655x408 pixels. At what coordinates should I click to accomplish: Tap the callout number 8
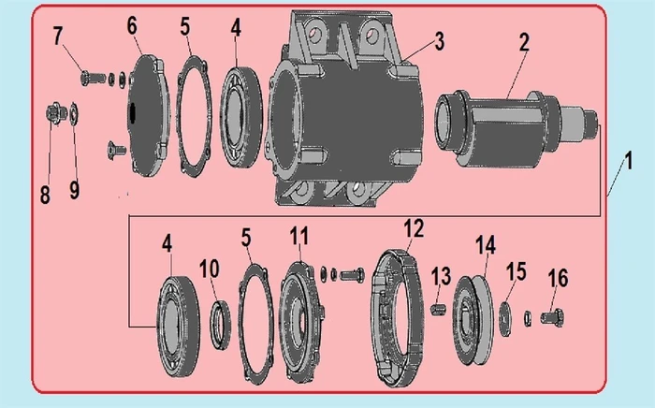tap(45, 195)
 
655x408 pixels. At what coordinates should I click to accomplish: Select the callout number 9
tap(74, 190)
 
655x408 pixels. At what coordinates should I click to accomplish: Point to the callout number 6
tap(132, 26)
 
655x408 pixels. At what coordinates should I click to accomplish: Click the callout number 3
tap(439, 41)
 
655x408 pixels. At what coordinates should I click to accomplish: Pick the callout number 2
tap(524, 42)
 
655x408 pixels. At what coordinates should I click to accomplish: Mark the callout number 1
tap(628, 161)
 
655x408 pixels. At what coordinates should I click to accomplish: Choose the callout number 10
tap(210, 269)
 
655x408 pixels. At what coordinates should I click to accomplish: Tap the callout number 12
tap(414, 228)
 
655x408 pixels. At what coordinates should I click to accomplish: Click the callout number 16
tap(559, 278)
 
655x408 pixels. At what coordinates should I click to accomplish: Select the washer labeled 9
tap(75, 112)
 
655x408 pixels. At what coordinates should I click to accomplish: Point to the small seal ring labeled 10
tap(220, 324)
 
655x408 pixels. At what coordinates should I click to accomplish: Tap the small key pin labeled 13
tap(438, 310)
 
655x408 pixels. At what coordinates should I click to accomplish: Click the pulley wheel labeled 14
tap(473, 321)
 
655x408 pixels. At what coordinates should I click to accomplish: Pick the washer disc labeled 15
tap(505, 319)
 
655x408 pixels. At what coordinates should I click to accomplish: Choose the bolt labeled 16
tap(552, 316)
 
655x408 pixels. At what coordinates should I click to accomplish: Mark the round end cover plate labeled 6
tap(148, 115)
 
